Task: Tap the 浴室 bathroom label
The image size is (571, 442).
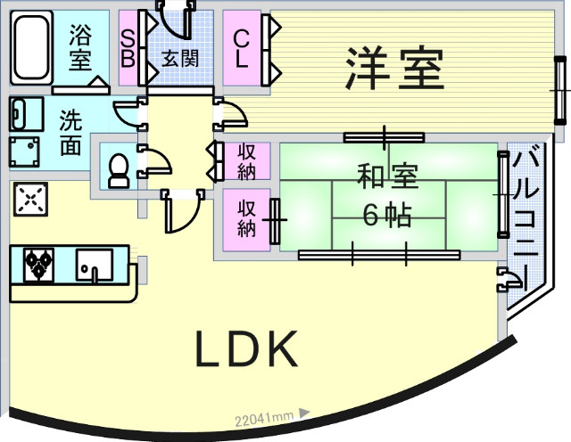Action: tap(81, 48)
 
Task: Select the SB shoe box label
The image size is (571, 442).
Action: tap(128, 48)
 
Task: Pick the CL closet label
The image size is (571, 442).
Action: tap(241, 50)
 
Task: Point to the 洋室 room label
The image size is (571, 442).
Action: tap(394, 69)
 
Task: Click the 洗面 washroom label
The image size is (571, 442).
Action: tap(71, 133)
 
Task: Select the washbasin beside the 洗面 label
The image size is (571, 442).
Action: tap(28, 113)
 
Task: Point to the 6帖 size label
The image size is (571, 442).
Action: tap(387, 215)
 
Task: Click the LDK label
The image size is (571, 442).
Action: tap(246, 350)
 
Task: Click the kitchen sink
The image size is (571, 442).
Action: tap(93, 264)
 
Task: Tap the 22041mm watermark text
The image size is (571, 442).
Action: tap(265, 416)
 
